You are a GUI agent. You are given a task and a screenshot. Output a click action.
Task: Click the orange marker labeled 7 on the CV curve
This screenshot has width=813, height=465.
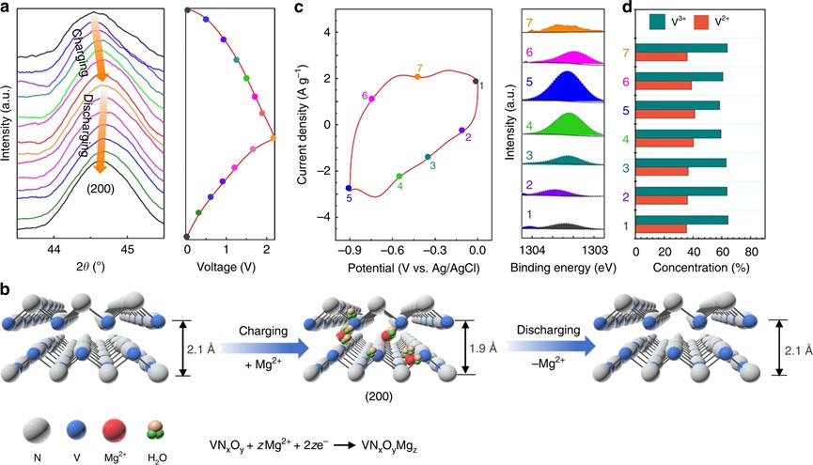click(x=418, y=76)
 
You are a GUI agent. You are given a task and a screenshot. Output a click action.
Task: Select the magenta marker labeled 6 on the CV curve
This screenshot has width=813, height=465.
click(x=372, y=99)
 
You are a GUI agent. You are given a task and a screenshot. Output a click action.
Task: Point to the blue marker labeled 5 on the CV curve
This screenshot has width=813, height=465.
click(x=349, y=188)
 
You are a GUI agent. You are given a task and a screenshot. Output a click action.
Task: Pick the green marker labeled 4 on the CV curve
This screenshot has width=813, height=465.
click(x=399, y=176)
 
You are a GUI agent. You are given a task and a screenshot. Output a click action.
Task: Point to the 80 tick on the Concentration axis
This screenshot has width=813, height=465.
click(x=751, y=252)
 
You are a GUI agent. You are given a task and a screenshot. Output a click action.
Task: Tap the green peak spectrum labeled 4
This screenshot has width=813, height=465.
click(x=563, y=125)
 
